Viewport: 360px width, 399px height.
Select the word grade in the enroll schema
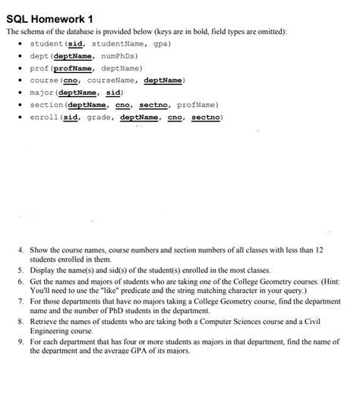pos(99,117)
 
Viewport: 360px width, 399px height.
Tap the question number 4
pos(21,250)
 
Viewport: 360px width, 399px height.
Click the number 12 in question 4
pos(319,250)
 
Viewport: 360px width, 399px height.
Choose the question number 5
pos(21,270)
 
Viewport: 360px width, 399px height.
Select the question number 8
pos(21,322)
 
